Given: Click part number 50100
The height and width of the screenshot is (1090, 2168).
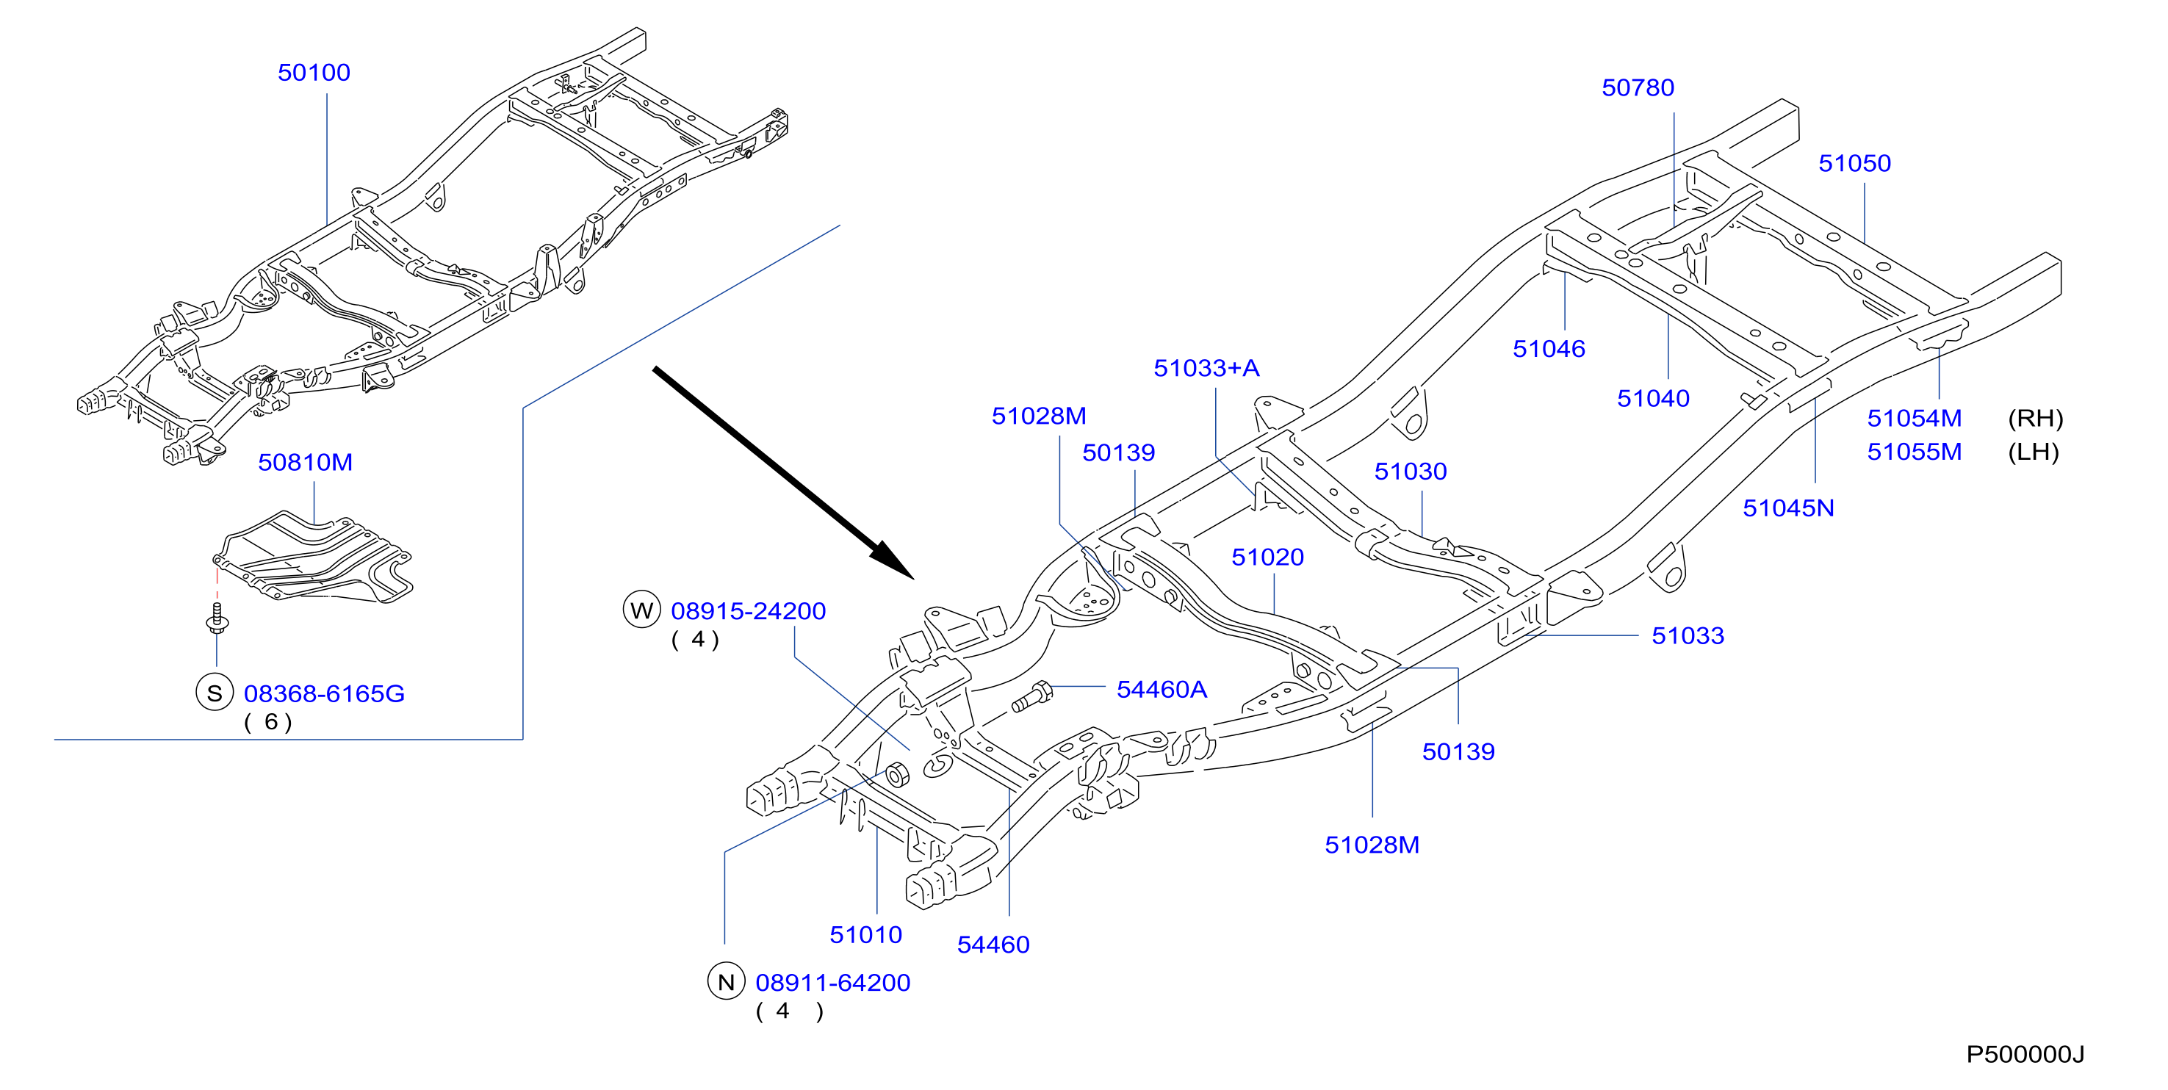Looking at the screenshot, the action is click(x=314, y=73).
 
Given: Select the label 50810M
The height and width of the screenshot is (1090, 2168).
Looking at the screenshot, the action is click(x=306, y=462).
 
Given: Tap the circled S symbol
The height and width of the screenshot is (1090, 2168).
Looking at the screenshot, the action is click(x=215, y=693).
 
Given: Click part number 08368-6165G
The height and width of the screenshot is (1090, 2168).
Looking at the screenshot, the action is click(x=324, y=693).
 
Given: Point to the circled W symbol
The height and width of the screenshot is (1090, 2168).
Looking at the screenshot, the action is click(x=641, y=610).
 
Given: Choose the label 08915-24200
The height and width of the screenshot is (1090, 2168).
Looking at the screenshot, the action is click(x=748, y=611).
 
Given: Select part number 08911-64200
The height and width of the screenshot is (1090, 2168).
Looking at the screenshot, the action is click(x=833, y=982).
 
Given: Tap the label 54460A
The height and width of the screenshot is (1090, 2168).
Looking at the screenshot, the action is click(x=1162, y=690).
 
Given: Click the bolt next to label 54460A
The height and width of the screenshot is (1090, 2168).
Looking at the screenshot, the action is click(x=1031, y=696).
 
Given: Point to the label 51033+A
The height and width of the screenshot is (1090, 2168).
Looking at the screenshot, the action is click(x=1206, y=368).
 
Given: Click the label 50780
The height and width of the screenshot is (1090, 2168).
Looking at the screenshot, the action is click(x=1638, y=87).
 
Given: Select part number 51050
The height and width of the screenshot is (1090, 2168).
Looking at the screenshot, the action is click(x=1855, y=163).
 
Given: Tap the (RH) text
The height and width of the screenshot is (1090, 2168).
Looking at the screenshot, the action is click(x=2035, y=419).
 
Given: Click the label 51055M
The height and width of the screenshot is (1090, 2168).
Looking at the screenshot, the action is click(x=1915, y=452).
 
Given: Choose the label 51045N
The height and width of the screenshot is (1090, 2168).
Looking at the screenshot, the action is click(x=1788, y=508).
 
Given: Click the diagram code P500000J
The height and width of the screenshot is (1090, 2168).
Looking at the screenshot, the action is click(x=2025, y=1054).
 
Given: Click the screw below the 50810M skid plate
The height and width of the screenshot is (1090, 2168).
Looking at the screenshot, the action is click(x=217, y=618).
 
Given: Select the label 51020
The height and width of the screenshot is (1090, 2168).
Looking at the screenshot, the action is click(x=1267, y=557).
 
